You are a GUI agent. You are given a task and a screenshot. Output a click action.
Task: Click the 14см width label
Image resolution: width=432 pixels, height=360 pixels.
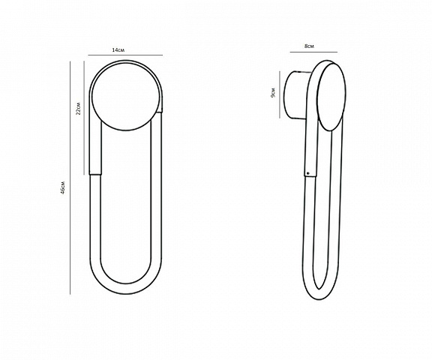click(x=118, y=50)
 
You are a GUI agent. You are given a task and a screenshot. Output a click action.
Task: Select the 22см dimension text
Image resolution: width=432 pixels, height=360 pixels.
click(x=79, y=108)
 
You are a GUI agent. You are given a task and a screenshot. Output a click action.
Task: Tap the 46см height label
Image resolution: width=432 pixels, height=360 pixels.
click(x=63, y=187)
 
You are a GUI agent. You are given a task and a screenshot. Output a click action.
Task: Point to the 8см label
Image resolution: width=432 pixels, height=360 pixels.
click(x=309, y=46)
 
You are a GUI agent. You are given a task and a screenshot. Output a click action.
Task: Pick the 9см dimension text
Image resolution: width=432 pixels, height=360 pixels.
click(x=273, y=93)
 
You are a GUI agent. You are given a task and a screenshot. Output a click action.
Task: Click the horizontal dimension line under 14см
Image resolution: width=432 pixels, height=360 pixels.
click(x=125, y=55)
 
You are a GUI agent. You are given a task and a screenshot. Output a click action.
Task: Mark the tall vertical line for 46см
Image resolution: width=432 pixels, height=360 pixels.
click(x=70, y=178)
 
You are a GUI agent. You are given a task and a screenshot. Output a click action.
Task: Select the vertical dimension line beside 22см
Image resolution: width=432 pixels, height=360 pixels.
click(x=84, y=118)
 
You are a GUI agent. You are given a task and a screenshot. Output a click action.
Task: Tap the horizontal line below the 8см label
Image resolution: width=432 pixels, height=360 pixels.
click(x=313, y=52)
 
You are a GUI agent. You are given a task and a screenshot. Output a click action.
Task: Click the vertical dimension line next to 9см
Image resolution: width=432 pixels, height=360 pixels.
click(x=280, y=94)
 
